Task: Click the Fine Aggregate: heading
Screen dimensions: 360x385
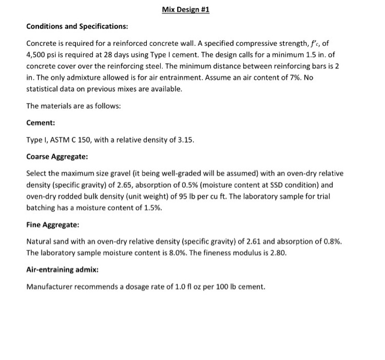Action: pyautogui.click(x=53, y=225)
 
